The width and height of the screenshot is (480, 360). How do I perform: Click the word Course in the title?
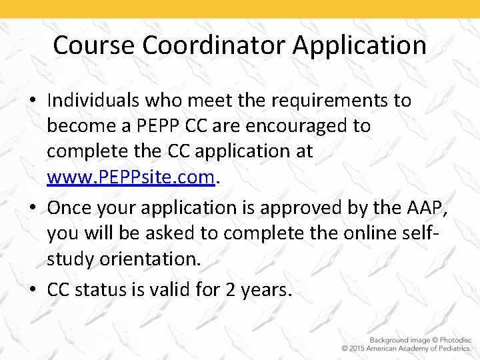click(95, 45)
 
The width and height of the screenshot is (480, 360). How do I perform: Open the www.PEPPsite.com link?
click(131, 177)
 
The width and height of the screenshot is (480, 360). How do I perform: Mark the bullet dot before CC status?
click(35, 291)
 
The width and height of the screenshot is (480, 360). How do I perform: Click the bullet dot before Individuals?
click(35, 101)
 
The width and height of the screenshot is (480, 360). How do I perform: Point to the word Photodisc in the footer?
click(452, 339)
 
